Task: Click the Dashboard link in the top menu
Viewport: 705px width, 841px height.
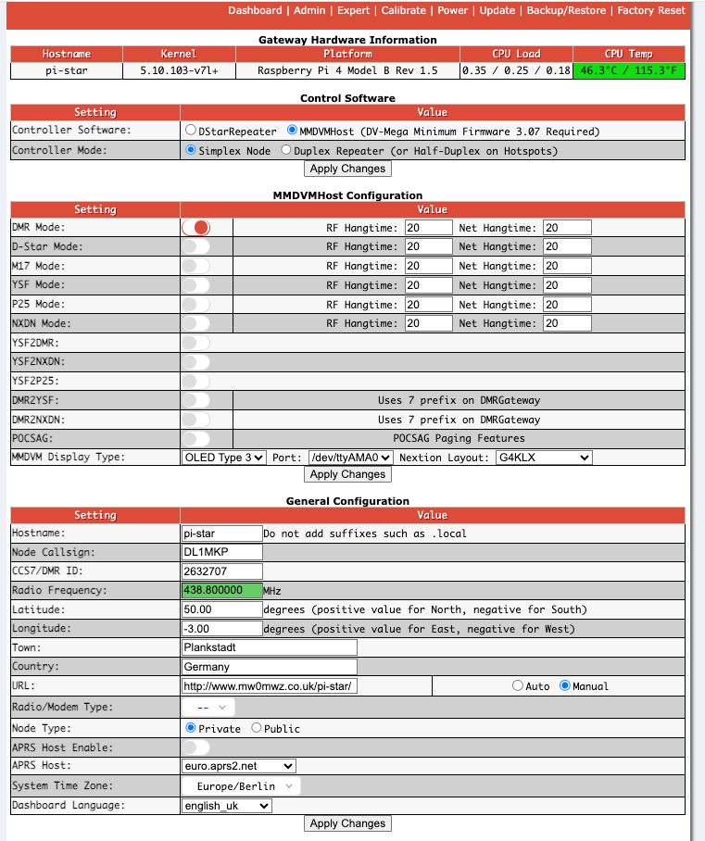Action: (255, 10)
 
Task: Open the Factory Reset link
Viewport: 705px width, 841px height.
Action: (651, 10)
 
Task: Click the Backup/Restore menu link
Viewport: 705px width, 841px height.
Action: (566, 10)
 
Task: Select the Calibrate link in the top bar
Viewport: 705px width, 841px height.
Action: (403, 10)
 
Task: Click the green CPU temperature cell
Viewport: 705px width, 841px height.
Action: (629, 70)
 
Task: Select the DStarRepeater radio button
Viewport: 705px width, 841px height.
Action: (190, 131)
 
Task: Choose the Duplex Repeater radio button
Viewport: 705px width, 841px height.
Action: (286, 150)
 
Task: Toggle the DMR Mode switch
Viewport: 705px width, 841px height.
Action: (196, 227)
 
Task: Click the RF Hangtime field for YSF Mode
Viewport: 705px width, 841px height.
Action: (428, 285)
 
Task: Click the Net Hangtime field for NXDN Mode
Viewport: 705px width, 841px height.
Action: (567, 324)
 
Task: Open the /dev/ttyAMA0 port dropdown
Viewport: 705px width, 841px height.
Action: (351, 458)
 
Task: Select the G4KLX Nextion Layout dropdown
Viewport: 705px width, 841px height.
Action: (543, 458)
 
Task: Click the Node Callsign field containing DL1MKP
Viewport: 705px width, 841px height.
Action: (222, 552)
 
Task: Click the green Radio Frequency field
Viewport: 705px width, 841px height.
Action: (222, 590)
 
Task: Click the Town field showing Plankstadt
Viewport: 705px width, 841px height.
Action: (269, 647)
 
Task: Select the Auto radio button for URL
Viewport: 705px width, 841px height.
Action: (517, 686)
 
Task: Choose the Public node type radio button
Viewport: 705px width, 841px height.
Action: (257, 729)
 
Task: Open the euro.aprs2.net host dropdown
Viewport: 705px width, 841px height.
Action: (239, 766)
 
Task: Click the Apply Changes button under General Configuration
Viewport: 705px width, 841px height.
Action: (347, 823)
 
